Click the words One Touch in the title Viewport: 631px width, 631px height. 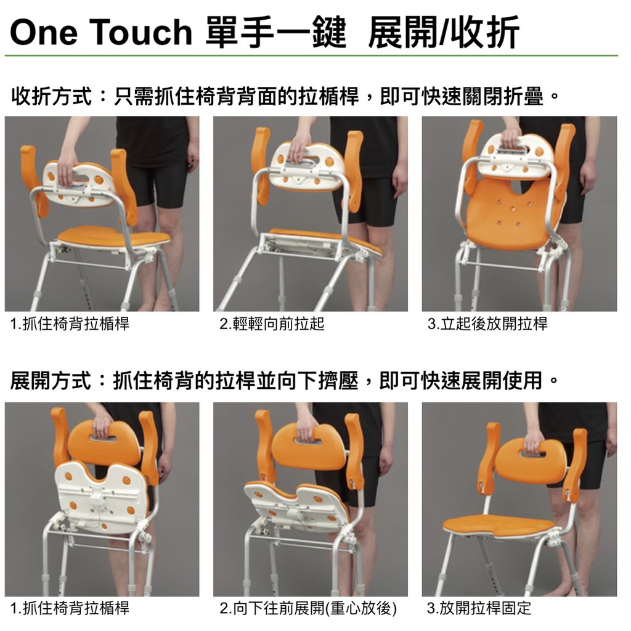[102, 32]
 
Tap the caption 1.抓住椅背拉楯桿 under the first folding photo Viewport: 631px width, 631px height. [70, 324]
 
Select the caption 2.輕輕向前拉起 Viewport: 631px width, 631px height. [272, 324]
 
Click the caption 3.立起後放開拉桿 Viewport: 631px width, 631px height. [487, 324]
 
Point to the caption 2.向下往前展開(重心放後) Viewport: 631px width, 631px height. [308, 608]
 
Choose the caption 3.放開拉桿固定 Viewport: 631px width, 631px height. [479, 608]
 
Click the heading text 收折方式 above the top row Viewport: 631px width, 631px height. [52, 97]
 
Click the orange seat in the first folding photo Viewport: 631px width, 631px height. [114, 237]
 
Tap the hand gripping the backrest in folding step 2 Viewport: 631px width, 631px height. [298, 150]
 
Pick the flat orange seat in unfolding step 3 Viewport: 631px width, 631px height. [499, 526]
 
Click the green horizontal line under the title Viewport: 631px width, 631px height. [311, 55]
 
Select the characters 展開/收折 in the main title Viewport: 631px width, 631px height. [444, 32]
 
